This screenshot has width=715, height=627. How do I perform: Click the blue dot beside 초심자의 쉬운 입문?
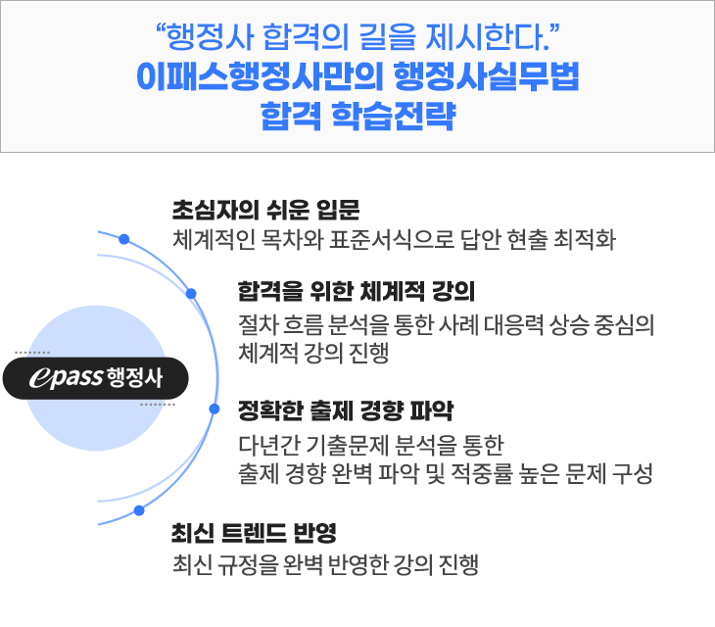[124, 239]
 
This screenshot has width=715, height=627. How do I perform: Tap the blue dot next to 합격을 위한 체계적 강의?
[192, 294]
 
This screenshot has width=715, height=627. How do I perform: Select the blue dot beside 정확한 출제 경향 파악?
[214, 410]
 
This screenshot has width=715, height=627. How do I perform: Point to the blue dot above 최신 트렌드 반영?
[139, 510]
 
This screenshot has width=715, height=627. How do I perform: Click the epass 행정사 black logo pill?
[96, 378]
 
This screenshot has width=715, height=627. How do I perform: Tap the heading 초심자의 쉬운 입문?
[265, 211]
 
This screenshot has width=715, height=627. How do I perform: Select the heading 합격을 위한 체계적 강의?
[357, 291]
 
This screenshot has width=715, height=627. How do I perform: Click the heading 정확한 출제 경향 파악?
[346, 410]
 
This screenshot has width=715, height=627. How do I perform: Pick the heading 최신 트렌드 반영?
[254, 533]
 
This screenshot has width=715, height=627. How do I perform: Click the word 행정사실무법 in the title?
[486, 76]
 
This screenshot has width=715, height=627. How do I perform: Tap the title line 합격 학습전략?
[357, 116]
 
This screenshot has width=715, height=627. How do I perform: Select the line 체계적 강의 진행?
[313, 353]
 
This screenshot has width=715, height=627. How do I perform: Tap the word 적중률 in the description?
[482, 473]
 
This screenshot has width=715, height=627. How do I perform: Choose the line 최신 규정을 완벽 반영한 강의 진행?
[325, 564]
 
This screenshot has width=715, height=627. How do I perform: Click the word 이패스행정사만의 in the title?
[260, 76]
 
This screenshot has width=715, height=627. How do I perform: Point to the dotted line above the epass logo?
[32, 353]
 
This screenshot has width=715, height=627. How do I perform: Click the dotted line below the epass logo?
[158, 405]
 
